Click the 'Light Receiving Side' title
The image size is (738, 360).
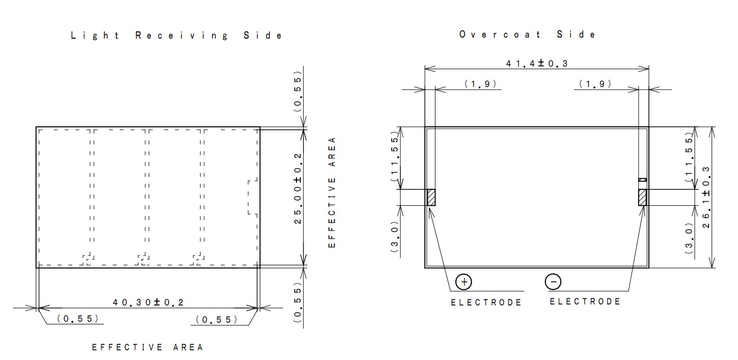click(x=176, y=36)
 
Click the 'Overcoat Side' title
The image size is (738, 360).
click(x=527, y=35)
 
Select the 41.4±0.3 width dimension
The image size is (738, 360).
click(x=536, y=64)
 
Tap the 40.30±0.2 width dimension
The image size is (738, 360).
click(x=148, y=302)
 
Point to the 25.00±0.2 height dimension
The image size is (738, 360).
click(x=298, y=188)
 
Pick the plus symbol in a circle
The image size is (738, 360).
click(x=463, y=282)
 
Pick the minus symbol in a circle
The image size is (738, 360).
click(x=553, y=282)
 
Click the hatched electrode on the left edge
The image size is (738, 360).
click(x=431, y=198)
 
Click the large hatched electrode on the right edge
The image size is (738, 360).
click(x=642, y=198)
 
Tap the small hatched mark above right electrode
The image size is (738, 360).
click(x=642, y=180)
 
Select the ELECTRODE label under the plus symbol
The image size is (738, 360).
click(x=486, y=302)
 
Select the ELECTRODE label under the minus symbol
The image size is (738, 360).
click(x=585, y=301)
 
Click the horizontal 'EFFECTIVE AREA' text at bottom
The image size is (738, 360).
click(x=148, y=347)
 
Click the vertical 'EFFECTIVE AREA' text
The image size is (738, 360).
click(x=332, y=192)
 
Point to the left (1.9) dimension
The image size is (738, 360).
click(x=480, y=84)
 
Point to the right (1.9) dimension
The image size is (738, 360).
click(x=595, y=84)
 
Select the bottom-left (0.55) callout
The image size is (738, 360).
click(x=77, y=319)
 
